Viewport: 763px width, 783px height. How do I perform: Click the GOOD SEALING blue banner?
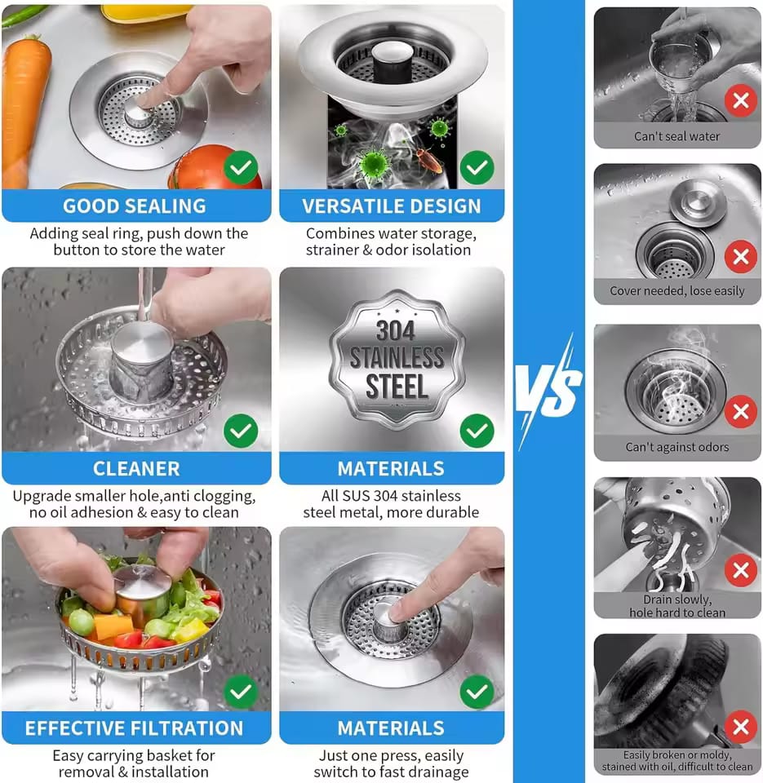click(x=135, y=206)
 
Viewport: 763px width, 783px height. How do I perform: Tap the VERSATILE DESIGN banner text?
click(x=392, y=206)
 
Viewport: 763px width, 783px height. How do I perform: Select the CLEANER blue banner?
click(x=135, y=468)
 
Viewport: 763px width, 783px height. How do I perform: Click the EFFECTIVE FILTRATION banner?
click(x=135, y=728)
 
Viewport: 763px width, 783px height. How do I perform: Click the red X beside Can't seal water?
click(x=740, y=102)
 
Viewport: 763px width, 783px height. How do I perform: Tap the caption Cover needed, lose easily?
click(x=676, y=291)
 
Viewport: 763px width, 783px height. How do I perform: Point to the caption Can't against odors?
click(x=676, y=447)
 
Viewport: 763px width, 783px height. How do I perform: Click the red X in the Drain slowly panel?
click(x=740, y=569)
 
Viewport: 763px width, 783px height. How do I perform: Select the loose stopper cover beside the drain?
click(x=698, y=201)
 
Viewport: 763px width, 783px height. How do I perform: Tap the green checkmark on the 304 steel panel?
click(x=477, y=431)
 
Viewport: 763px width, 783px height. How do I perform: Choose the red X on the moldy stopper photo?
click(x=740, y=726)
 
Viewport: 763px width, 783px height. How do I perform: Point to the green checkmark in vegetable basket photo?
click(x=241, y=692)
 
